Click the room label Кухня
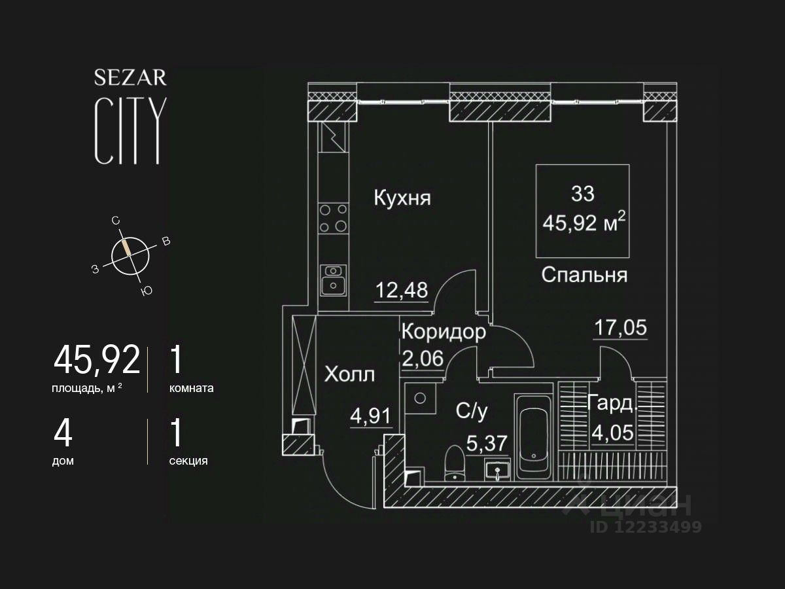click(x=402, y=198)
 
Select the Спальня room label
click(x=584, y=275)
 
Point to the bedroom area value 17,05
click(x=620, y=326)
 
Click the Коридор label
click(x=444, y=332)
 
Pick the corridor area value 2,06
click(x=423, y=358)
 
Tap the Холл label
click(x=350, y=375)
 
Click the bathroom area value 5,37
click(x=487, y=443)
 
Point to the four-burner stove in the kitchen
click(x=333, y=218)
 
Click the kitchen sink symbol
click(x=334, y=279)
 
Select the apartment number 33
click(x=583, y=194)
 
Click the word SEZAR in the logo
click(x=131, y=78)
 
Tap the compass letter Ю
click(x=147, y=291)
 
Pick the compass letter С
click(x=116, y=221)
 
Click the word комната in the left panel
click(x=191, y=388)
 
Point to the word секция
click(x=188, y=461)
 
